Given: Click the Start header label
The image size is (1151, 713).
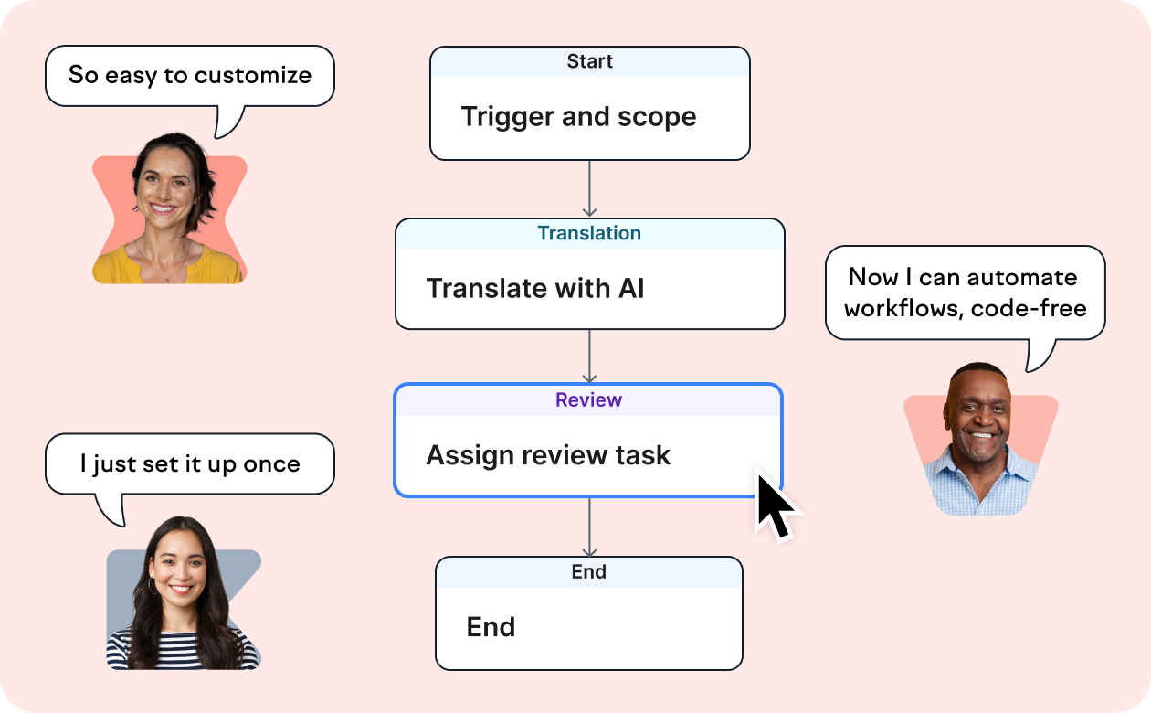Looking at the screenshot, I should [589, 62].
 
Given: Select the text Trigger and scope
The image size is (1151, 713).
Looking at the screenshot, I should [578, 117].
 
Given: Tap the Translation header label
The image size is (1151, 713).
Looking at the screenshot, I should [589, 234].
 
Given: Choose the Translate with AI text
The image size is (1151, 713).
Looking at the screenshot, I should [535, 289].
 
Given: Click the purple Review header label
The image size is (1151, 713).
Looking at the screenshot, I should [589, 400].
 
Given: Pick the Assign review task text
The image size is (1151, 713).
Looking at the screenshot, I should [548, 455].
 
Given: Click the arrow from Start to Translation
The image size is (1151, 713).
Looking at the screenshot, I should [589, 189].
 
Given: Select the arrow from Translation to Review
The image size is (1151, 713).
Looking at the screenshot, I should [589, 356].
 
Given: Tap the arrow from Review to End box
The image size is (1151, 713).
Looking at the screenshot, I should [589, 527].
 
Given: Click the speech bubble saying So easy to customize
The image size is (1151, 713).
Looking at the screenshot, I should [190, 76].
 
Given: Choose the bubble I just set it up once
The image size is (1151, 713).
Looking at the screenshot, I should [190, 464].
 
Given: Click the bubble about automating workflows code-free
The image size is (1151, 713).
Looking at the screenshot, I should [965, 293].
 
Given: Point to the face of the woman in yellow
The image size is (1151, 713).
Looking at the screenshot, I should [165, 187].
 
